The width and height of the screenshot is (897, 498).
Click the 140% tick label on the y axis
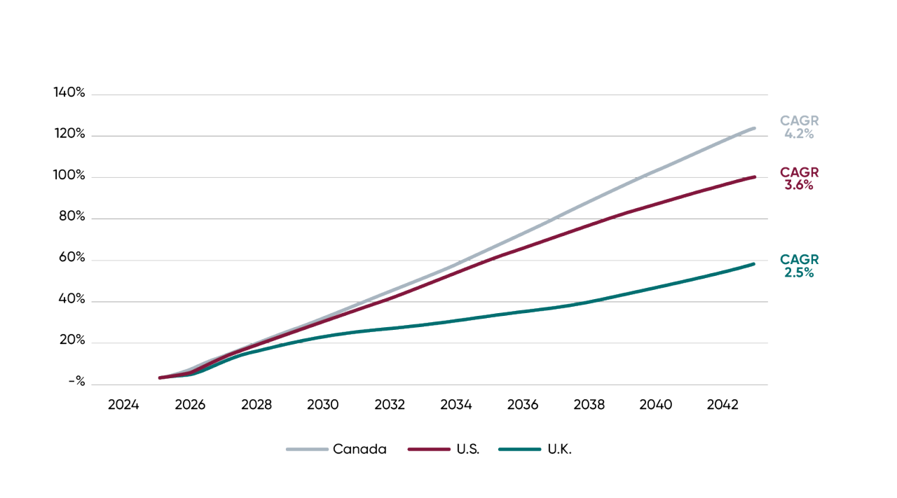69,93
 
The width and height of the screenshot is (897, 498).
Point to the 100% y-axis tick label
69,176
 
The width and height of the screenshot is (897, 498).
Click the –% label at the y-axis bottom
76,383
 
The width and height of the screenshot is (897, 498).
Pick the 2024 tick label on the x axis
123,406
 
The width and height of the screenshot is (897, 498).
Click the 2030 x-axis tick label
323,406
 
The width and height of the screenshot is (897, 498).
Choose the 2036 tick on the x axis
523,406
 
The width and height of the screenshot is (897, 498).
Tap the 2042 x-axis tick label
723,406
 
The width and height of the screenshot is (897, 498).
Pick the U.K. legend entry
560,450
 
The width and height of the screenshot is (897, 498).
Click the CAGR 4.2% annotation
799,127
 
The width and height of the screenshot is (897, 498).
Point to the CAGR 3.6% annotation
799,179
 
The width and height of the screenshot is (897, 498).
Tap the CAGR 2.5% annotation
799,266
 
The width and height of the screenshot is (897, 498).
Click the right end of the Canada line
755,127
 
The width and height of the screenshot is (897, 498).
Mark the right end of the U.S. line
755,177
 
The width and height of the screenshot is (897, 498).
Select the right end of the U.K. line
755,263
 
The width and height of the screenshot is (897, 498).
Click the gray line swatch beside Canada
306,450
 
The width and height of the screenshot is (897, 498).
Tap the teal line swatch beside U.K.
519,450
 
